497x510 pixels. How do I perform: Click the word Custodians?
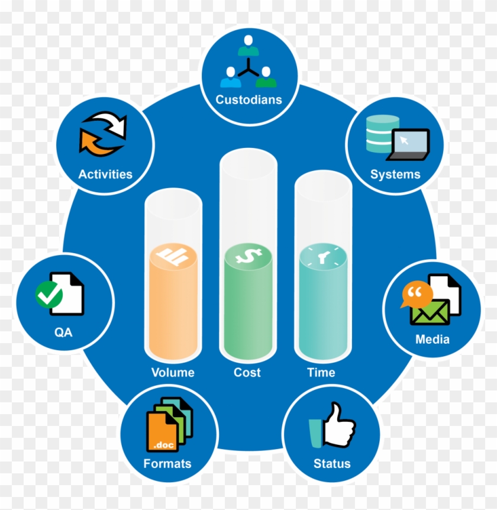(249, 99)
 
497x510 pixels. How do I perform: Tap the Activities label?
(105, 174)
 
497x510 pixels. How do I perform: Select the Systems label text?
(395, 175)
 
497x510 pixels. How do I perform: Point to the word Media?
(433, 339)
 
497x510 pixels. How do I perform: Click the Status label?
(332, 463)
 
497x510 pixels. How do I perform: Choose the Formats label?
(167, 463)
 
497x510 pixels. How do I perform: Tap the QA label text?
(63, 332)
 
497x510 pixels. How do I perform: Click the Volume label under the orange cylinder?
(173, 372)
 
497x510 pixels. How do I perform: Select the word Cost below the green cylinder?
(247, 372)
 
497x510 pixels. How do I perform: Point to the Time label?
(321, 372)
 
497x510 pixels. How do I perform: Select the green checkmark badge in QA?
(49, 295)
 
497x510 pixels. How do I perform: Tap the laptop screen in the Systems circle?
(411, 141)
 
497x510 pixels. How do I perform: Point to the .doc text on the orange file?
(163, 445)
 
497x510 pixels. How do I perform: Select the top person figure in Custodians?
(248, 45)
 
